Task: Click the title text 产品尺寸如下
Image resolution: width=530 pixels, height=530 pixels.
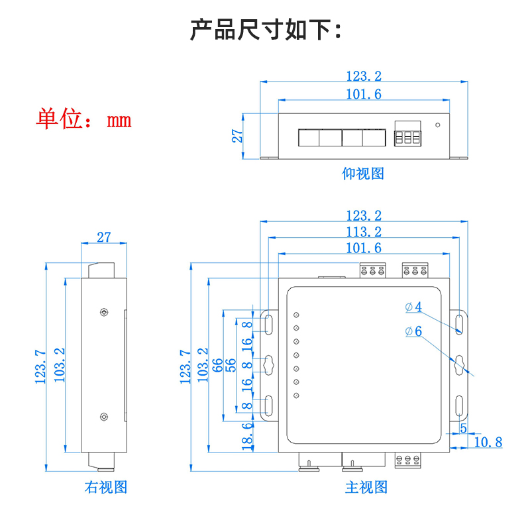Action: [265, 30]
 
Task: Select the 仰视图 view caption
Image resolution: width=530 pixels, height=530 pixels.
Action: [363, 174]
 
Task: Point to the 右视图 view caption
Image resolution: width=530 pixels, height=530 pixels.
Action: [106, 488]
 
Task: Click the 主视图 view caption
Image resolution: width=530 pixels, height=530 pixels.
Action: [366, 488]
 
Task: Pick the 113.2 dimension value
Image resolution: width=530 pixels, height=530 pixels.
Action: [364, 232]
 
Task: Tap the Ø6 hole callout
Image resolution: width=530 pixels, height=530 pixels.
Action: [413, 332]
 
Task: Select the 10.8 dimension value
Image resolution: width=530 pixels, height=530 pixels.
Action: [489, 442]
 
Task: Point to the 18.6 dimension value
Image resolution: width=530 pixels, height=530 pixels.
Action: [247, 437]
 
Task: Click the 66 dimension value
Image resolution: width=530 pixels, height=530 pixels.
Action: [217, 366]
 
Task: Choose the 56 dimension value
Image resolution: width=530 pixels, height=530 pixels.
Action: [231, 366]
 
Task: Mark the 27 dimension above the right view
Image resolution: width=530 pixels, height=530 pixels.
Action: [104, 237]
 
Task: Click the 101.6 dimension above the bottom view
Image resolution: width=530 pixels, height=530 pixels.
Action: [364, 94]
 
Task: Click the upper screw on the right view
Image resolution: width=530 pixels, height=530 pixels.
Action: [103, 312]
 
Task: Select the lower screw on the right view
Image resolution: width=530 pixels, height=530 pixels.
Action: [103, 417]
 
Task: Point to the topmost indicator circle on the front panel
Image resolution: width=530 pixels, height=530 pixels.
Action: [297, 315]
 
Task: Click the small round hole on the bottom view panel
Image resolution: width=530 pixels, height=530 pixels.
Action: [437, 124]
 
